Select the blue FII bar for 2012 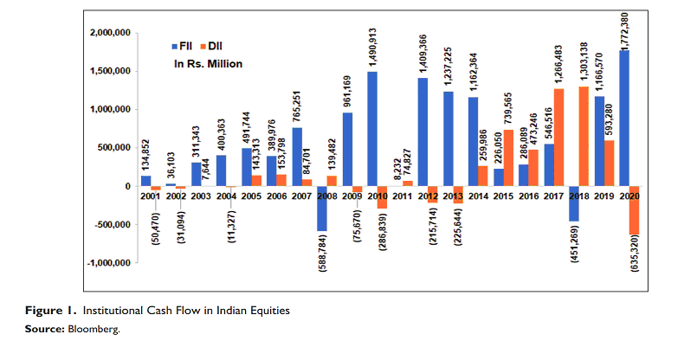tap(423, 132)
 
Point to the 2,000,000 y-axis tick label tap(109, 33)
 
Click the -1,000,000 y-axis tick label tap(106, 263)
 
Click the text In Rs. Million tap(208, 63)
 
